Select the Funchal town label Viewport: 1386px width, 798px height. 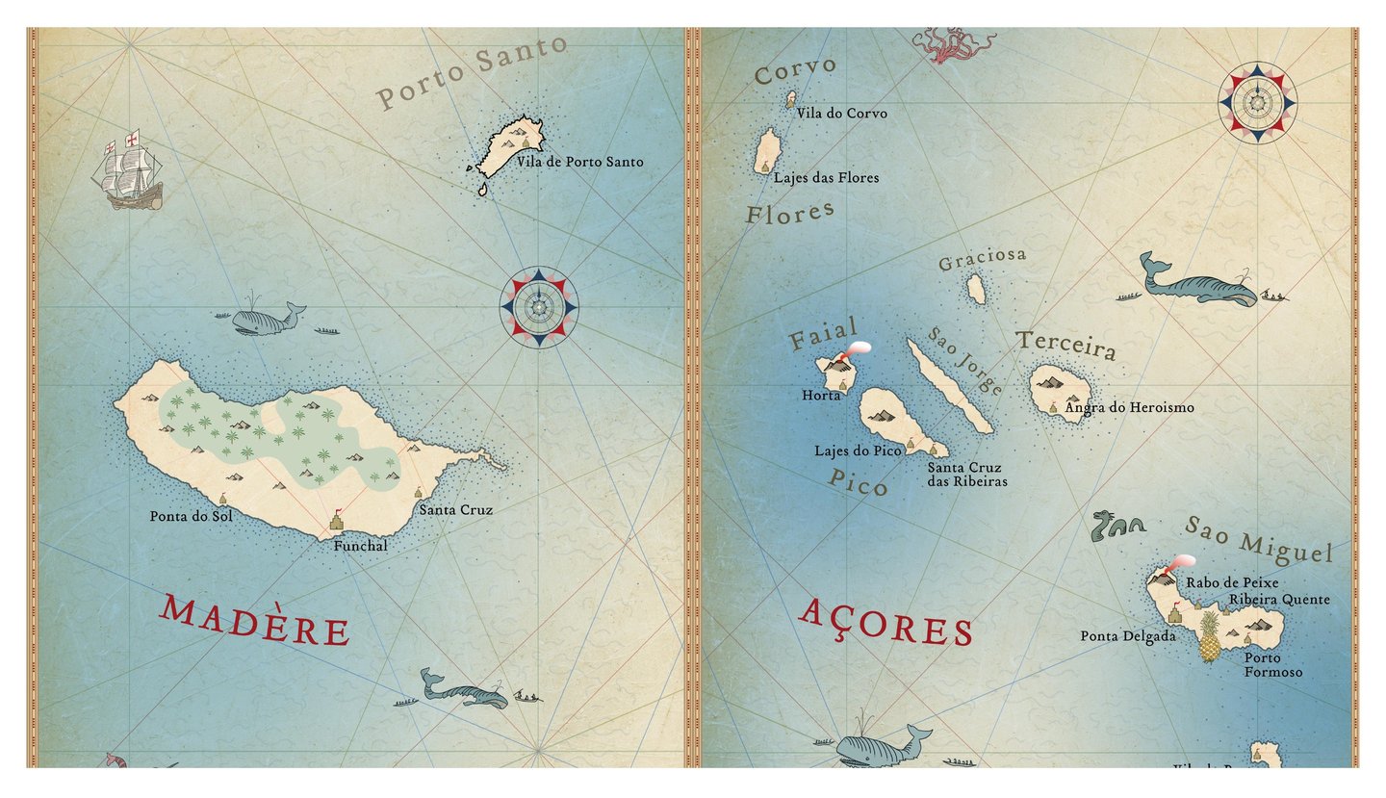[360, 546]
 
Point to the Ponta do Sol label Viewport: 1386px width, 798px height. [191, 516]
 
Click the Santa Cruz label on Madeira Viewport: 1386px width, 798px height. [455, 509]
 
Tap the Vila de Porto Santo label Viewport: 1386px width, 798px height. [579, 162]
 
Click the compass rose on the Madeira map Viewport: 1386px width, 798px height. [539, 307]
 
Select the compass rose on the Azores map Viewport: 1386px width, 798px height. [1257, 102]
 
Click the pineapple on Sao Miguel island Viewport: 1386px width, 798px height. [1210, 637]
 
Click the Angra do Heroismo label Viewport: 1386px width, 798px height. [1129, 407]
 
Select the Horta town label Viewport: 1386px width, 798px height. [821, 395]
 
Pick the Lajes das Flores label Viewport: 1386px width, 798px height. [826, 177]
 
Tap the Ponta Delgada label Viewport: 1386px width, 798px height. [1127, 636]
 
